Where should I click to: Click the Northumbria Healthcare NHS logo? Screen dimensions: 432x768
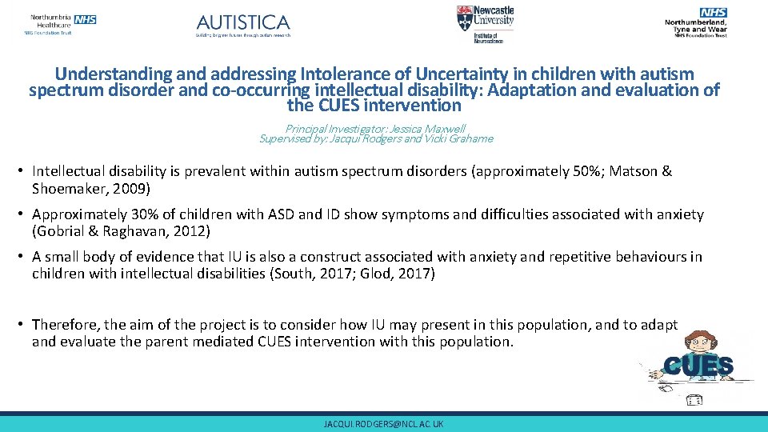coord(61,24)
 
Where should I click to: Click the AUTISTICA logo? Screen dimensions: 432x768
coord(243,25)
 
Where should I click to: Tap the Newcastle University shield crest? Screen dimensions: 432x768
coord(464,18)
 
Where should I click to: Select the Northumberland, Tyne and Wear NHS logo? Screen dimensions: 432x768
coord(695,22)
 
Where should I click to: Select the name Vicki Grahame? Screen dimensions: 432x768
coord(461,138)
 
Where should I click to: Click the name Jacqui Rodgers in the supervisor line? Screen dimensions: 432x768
coord(371,138)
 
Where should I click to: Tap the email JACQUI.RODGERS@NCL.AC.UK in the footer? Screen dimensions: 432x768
coord(383,423)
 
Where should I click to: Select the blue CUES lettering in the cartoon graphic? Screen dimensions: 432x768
coord(698,366)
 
